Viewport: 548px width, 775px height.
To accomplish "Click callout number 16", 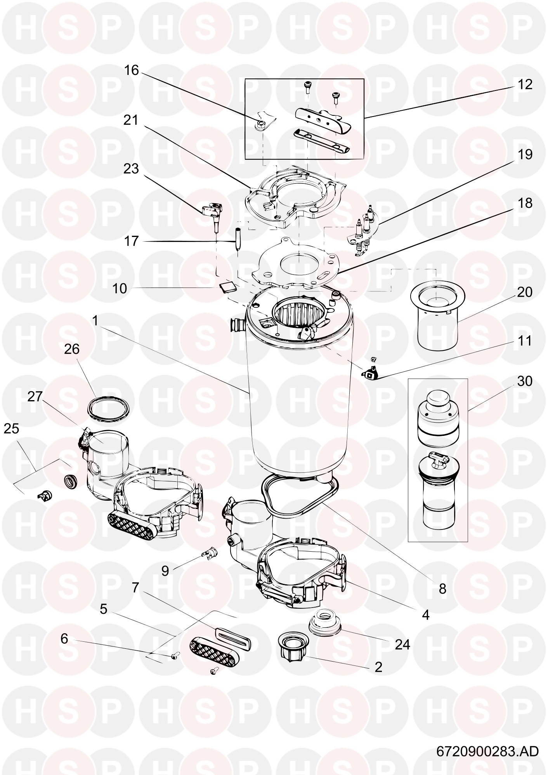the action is pos(131,70).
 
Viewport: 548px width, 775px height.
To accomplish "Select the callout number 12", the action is pos(525,85).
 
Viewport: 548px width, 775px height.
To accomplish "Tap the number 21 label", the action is pos(131,120).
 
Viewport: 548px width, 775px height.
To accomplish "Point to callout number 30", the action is pos(525,381).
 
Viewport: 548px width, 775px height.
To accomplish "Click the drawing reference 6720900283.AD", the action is pos(487,751).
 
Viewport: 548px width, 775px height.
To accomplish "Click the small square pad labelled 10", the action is pos(227,288).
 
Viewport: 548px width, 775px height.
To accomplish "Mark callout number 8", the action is pos(442,589).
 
